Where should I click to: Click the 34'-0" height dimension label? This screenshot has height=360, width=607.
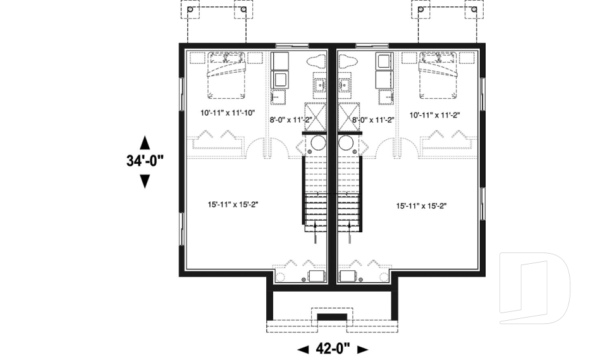[x=145, y=161]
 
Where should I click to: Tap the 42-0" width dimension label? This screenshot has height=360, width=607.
[x=333, y=348]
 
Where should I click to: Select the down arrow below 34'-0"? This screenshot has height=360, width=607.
[x=145, y=182]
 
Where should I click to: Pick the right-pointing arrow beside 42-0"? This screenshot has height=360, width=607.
[x=362, y=349]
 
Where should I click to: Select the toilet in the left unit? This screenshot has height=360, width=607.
[x=316, y=62]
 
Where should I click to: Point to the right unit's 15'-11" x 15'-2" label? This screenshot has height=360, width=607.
[x=422, y=206]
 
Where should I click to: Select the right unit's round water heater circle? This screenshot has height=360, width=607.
[x=346, y=144]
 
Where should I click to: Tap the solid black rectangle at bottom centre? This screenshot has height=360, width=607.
[x=332, y=316]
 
